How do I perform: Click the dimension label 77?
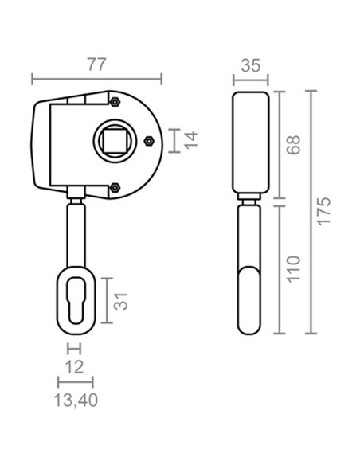point(96,64)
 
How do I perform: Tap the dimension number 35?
point(251,65)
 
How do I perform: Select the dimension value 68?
point(294,145)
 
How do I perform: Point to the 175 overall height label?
point(323,211)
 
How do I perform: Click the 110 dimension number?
point(294,268)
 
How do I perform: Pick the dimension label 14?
point(190,140)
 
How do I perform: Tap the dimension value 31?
point(120,301)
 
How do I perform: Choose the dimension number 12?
point(74,367)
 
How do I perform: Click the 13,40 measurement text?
point(76,401)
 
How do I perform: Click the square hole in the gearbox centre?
point(115,141)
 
